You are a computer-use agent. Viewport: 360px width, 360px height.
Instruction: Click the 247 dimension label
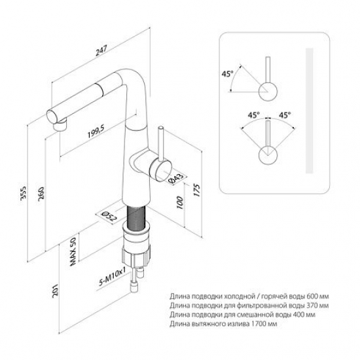pos(101,51)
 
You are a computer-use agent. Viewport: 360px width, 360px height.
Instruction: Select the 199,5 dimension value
pos(96,132)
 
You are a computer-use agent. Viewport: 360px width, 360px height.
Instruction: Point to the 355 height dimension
pos(23,194)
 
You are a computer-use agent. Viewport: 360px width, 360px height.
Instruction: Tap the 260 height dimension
pos(41,194)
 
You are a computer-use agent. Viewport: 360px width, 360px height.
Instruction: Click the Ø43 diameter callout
pos(177,178)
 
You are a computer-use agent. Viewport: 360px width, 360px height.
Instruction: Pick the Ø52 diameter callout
pos(109,217)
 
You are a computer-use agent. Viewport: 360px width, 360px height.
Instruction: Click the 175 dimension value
pos(197,190)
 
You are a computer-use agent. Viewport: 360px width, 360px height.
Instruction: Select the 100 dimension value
pos(180,202)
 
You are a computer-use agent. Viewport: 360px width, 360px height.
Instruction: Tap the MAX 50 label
pos(73,251)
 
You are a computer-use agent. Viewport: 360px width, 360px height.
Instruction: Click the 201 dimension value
pos(55,291)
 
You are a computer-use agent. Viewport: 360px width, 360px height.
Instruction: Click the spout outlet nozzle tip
pos(60,126)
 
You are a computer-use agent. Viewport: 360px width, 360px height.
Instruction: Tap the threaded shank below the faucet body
pos(136,219)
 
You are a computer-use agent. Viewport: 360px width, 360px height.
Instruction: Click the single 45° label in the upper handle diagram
pos(227,74)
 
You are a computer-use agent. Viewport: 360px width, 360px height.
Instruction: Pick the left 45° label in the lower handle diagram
pos(253,115)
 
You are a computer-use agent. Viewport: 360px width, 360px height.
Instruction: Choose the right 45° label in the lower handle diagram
pos(285,115)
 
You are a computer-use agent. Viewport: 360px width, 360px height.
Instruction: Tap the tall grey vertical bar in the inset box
pos(309,111)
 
